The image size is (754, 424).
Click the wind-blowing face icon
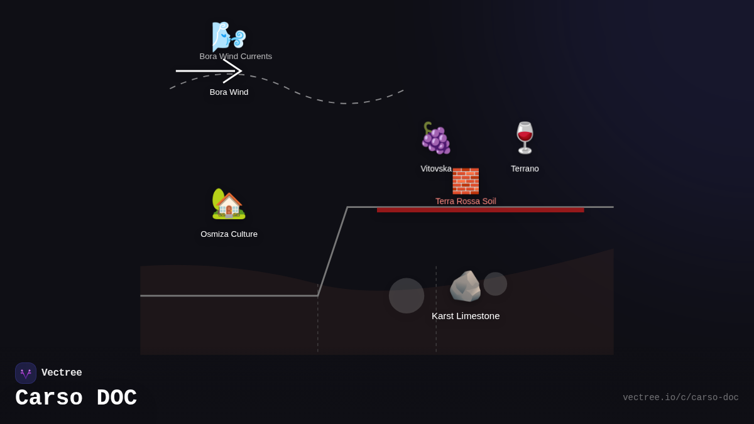[227, 36]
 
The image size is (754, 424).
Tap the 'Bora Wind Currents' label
[236, 57]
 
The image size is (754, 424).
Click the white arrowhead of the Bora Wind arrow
[234, 71]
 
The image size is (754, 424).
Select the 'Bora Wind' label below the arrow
[229, 92]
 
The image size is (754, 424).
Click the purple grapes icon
[435, 138]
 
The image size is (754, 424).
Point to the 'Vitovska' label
[435, 168]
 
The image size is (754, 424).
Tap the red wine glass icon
[525, 138]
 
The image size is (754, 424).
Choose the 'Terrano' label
[525, 168]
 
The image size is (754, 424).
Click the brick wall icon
[466, 181]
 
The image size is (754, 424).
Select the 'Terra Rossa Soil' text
[466, 201]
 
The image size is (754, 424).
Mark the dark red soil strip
[481, 210]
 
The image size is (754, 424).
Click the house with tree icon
[228, 204]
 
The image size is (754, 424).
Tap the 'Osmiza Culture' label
[229, 234]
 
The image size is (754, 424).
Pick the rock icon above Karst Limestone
[465, 286]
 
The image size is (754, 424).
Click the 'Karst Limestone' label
[466, 316]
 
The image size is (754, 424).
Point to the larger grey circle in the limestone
[407, 296]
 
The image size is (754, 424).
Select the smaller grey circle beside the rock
[495, 284]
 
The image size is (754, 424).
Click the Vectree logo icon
[26, 373]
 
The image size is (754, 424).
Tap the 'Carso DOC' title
[76, 398]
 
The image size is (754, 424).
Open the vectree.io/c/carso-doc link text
[680, 398]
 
